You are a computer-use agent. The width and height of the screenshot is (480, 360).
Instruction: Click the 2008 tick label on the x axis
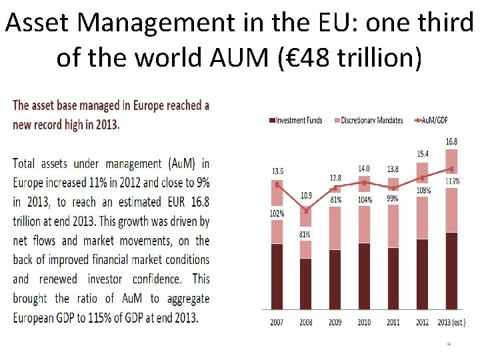pos(306,322)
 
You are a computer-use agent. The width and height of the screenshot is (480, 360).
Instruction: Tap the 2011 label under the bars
pos(394,322)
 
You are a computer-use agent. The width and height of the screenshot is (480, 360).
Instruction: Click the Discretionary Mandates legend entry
pos(371,120)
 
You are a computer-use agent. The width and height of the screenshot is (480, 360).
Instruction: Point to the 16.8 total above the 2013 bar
pos(452,141)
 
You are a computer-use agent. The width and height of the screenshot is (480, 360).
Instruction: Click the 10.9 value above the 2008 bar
pos(306,195)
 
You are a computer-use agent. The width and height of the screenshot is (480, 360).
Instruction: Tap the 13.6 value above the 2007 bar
pos(277,171)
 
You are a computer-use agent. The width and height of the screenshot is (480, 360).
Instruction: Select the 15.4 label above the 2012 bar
pos(423,154)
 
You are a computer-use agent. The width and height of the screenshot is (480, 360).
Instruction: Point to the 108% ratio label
pos(423,190)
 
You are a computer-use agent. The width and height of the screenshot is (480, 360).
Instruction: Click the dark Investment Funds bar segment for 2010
pos(364,276)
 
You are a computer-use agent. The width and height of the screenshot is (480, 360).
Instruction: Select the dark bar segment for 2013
pos(451,271)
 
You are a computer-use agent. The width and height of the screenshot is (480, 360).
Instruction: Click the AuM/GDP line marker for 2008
pos(306,211)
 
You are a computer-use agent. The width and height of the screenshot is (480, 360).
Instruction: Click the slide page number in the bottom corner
pos(449,344)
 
